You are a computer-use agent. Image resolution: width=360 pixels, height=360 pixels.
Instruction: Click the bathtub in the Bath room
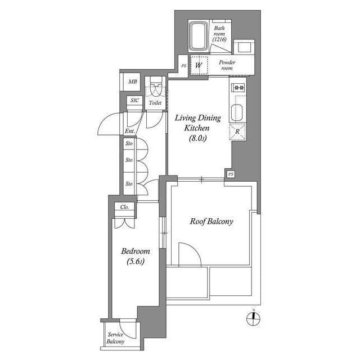[199, 36]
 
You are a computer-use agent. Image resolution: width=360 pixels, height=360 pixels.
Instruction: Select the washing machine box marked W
[198, 65]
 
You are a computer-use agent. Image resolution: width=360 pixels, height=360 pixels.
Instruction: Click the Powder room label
[227, 65]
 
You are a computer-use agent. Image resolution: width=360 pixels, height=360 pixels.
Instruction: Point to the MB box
[132, 82]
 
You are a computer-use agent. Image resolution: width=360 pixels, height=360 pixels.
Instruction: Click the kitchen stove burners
[238, 87]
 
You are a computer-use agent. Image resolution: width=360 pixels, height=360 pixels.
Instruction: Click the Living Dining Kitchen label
[197, 128]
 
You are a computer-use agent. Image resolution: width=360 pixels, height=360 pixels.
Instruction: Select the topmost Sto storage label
[129, 144]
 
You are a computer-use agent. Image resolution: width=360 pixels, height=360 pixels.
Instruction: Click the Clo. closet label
[125, 207]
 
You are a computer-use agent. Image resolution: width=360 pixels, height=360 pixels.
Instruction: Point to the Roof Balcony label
[211, 222]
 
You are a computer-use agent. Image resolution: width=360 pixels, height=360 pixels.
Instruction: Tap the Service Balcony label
[116, 337]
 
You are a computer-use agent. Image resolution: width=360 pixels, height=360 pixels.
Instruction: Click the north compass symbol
[254, 318]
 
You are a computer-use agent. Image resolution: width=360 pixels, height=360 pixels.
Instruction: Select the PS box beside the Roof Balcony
[230, 174]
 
